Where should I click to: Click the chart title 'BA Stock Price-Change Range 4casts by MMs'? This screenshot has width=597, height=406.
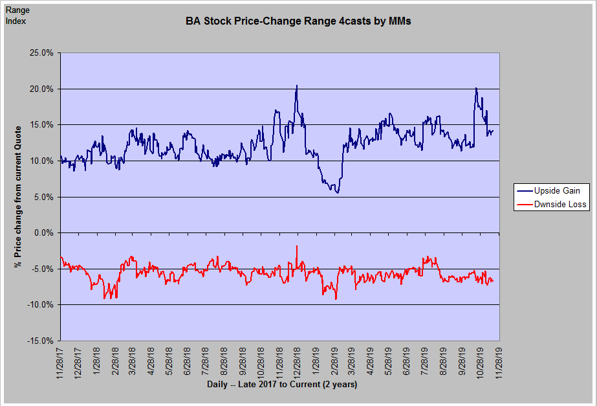click(298, 21)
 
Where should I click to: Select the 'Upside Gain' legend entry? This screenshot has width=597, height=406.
click(557, 191)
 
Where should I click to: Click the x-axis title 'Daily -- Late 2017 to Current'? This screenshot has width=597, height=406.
click(282, 385)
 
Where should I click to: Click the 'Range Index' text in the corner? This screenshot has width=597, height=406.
click(17, 16)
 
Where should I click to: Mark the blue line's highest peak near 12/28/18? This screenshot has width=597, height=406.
click(297, 85)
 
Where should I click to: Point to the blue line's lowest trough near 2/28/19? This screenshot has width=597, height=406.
click(337, 192)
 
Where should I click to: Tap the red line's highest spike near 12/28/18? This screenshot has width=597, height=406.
click(297, 246)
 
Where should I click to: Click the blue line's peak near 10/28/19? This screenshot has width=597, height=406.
click(476, 88)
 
